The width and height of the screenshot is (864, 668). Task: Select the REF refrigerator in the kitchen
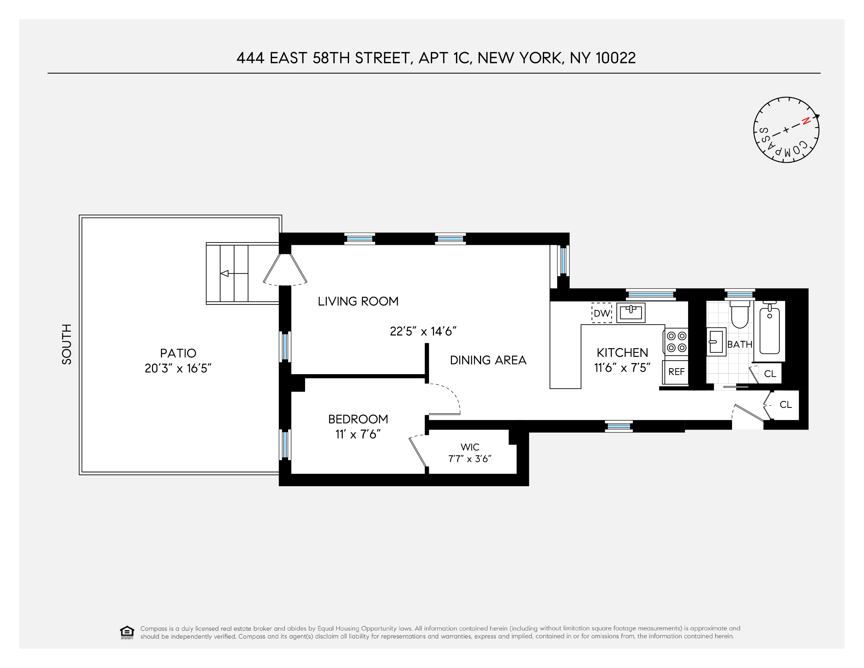point(676,372)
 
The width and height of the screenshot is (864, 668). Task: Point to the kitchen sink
point(631,313)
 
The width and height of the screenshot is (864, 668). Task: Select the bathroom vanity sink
point(716,341)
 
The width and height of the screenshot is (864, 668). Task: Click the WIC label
point(470,447)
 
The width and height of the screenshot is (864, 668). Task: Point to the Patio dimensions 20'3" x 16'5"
point(178,368)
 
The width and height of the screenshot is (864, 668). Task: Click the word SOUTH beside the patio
point(67,344)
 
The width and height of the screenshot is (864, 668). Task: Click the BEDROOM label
point(358,419)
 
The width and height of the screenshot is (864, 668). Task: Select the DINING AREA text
point(488,360)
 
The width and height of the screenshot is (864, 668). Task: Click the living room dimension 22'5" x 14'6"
point(423,331)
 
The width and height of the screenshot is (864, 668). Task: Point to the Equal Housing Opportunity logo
point(127,632)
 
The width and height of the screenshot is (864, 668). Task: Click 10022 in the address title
point(615,58)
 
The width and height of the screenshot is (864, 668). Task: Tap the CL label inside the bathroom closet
point(770,374)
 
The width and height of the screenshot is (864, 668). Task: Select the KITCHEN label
point(622,353)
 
